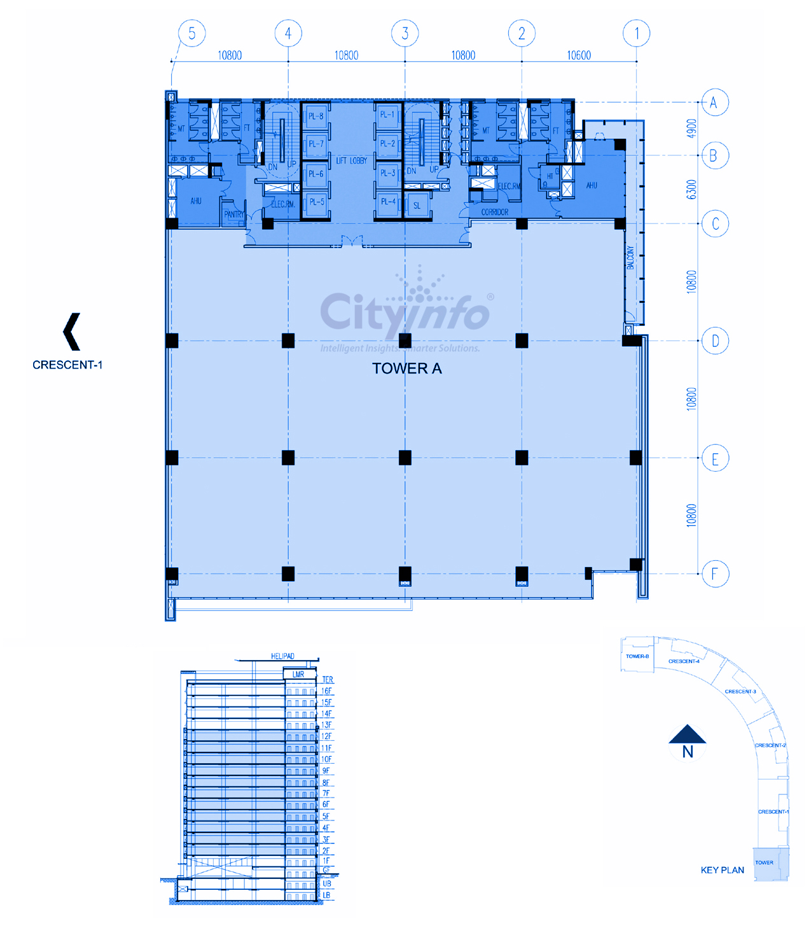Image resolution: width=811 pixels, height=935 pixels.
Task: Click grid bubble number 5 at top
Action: [x=192, y=33]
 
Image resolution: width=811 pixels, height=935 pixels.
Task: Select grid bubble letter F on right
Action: [x=715, y=574]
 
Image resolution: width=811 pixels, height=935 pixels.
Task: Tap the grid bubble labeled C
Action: [x=715, y=224]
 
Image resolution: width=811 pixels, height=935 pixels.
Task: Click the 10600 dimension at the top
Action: [x=579, y=55]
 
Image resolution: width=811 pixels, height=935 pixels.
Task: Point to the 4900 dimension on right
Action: [x=692, y=129]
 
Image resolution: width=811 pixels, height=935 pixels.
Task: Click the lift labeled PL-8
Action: [x=316, y=116]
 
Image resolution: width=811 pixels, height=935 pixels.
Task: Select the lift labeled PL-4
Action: [x=388, y=202]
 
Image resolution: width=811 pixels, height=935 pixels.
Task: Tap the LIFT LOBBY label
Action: [x=352, y=161]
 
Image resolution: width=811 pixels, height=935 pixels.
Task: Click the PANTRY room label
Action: [x=233, y=214]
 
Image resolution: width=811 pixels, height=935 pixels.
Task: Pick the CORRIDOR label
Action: [x=495, y=212]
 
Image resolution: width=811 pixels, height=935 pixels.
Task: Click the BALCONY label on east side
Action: [x=631, y=258]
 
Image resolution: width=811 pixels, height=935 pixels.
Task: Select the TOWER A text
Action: [x=407, y=369]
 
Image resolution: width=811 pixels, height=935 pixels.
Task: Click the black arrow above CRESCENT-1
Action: [x=72, y=332]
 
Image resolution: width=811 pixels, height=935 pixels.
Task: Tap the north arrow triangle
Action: [x=688, y=736]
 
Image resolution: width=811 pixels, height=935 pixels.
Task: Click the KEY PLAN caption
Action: [x=723, y=870]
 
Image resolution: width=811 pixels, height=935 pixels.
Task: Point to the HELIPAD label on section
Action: [x=283, y=656]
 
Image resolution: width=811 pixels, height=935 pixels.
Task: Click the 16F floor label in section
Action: [x=326, y=691]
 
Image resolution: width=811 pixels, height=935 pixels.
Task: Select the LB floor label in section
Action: [x=326, y=895]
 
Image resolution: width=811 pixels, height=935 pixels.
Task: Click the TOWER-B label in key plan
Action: [x=637, y=656]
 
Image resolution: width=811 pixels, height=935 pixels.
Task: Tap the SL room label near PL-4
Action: [x=417, y=206]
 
